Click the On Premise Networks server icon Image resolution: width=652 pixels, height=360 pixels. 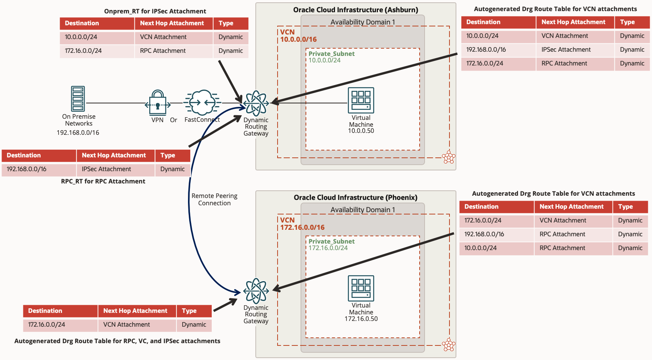coord(78,98)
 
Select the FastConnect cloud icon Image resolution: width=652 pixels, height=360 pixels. coord(202,102)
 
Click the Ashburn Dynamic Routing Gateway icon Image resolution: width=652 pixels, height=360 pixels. coord(256,103)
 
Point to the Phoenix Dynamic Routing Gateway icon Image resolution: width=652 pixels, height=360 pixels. coord(256,291)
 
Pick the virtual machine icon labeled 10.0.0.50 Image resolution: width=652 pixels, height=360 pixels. coord(361,100)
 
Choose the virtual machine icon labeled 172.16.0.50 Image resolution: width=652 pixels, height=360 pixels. coord(361,288)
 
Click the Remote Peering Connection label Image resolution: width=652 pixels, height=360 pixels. coord(214,200)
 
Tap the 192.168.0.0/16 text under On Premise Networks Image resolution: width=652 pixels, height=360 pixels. coord(78,133)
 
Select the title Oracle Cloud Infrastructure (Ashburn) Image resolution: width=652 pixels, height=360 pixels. coord(356,10)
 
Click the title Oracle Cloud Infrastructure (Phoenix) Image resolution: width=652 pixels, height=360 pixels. coord(356,198)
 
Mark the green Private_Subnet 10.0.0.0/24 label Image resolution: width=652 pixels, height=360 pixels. coord(332,57)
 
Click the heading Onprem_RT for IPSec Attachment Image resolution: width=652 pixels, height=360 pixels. coord(155,11)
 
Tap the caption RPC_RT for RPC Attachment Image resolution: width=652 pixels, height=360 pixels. coord(103,182)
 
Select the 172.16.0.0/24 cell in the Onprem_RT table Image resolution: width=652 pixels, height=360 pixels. coord(83,51)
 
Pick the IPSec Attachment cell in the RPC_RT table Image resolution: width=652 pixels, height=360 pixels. coord(106,169)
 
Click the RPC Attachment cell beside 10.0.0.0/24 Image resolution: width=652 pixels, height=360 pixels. coord(562,248)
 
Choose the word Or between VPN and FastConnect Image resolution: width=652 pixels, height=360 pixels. coord(173,120)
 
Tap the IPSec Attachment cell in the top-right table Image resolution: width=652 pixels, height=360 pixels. coord(566,50)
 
